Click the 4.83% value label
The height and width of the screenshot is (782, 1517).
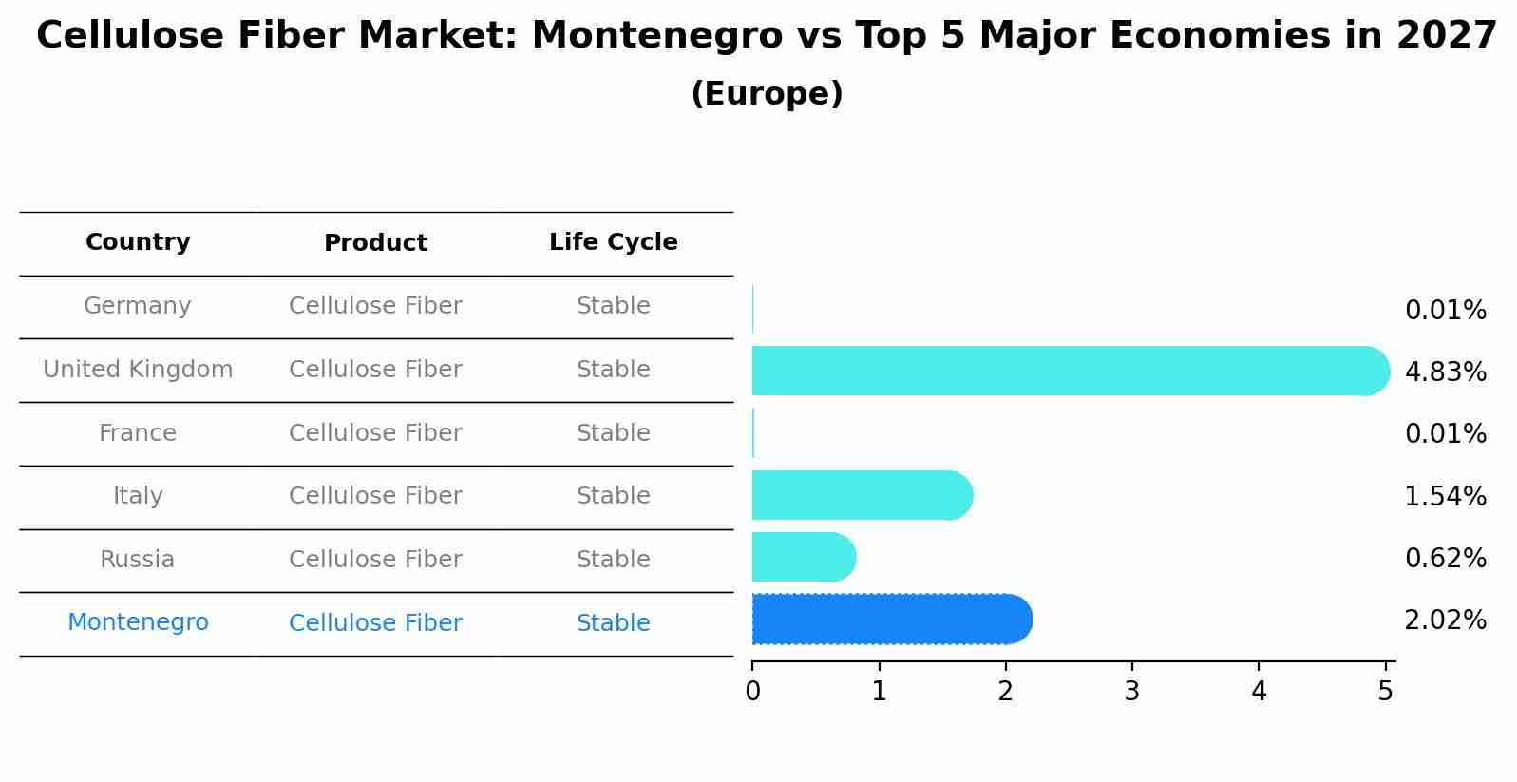tap(1445, 372)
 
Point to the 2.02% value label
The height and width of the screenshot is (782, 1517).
tap(1445, 620)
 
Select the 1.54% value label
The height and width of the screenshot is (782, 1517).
tap(1445, 496)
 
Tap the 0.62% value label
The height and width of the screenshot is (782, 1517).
tap(1445, 558)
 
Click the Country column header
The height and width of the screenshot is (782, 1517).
tap(138, 242)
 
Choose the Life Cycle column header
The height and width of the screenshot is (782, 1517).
tap(613, 242)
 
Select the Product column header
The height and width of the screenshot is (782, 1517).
tap(375, 243)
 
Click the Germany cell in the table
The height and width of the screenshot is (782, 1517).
tap(138, 306)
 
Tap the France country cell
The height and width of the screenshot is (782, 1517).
tap(138, 433)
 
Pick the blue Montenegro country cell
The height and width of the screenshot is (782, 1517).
tap(138, 622)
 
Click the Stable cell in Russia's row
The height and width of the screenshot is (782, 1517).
tap(613, 560)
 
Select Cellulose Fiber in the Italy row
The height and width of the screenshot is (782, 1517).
tap(375, 496)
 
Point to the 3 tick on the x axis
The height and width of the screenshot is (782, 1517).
tap(1131, 691)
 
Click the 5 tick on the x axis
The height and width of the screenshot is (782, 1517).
tap(1385, 691)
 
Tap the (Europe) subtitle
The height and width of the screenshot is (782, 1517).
tap(767, 94)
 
